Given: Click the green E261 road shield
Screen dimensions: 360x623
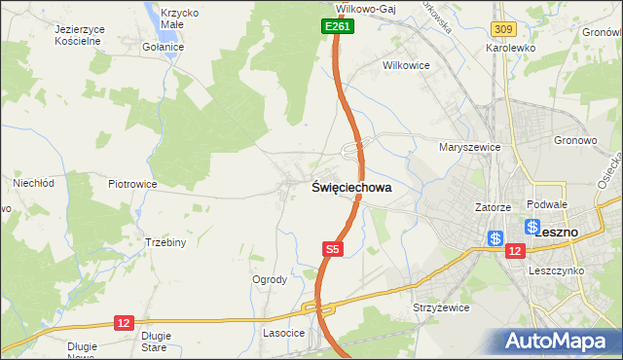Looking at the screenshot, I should point(337,27).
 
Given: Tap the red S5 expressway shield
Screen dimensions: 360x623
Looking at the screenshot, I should point(333,250).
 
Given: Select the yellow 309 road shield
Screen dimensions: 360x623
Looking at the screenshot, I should point(502,31).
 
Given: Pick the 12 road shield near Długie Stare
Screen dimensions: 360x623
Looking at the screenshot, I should point(124,322).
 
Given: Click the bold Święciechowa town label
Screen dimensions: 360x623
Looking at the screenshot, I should point(352,188).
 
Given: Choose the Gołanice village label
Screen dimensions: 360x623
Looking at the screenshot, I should point(163,47).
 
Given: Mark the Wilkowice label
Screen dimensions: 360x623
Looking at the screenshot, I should point(407,65).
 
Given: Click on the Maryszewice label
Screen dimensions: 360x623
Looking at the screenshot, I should point(469,147).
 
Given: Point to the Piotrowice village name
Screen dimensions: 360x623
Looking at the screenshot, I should point(132,183).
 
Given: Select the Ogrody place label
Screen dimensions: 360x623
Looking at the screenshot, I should point(270,279).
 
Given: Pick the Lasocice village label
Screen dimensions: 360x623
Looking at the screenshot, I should point(284,333).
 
